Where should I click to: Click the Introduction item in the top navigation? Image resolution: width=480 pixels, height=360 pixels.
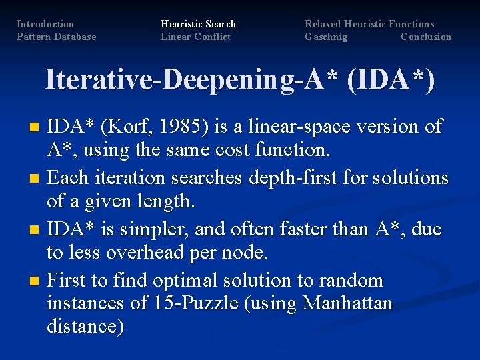(45, 24)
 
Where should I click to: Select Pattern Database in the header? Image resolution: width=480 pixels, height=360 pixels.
(56, 37)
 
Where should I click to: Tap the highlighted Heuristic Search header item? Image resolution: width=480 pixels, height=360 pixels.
(198, 24)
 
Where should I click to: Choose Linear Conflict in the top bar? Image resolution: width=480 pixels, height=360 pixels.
(195, 37)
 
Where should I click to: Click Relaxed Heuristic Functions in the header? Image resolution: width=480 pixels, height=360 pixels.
(369, 24)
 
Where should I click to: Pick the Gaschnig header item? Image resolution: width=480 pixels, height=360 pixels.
(326, 37)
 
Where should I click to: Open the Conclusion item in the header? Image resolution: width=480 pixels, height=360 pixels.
(425, 37)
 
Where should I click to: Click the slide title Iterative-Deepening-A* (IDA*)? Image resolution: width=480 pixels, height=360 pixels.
(240, 79)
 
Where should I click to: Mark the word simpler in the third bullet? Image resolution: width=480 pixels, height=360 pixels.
(151, 229)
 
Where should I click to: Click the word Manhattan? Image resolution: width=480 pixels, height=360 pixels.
(347, 303)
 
